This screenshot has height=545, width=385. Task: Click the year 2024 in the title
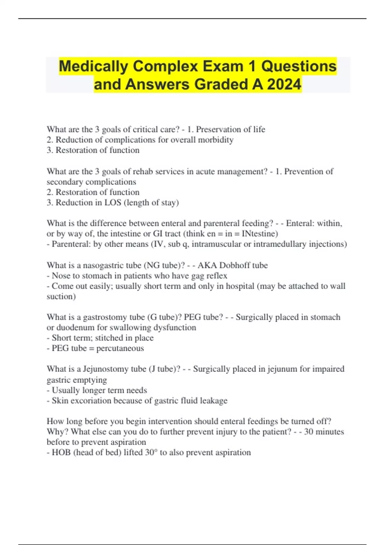tap(284, 84)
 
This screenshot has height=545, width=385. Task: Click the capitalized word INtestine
tap(260, 233)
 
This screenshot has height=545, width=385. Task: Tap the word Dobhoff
tap(235, 265)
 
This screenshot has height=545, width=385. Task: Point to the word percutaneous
tap(120, 348)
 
